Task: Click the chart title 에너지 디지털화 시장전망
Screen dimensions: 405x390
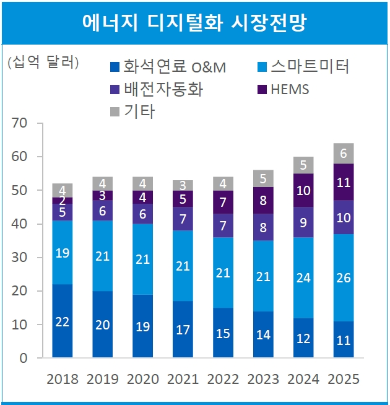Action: click(194, 22)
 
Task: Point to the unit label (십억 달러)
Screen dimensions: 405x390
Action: click(43, 63)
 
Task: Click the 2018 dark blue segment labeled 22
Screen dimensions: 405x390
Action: click(63, 321)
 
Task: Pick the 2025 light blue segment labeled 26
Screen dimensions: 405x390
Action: click(344, 277)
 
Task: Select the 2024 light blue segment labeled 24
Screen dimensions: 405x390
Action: click(303, 277)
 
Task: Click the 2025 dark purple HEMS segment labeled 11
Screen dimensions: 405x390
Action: click(344, 182)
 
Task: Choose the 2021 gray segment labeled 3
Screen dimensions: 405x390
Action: click(183, 185)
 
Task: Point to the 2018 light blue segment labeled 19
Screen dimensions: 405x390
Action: click(63, 253)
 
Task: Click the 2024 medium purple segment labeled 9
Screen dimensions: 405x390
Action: click(303, 222)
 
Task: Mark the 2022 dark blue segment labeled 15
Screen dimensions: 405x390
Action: click(223, 333)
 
